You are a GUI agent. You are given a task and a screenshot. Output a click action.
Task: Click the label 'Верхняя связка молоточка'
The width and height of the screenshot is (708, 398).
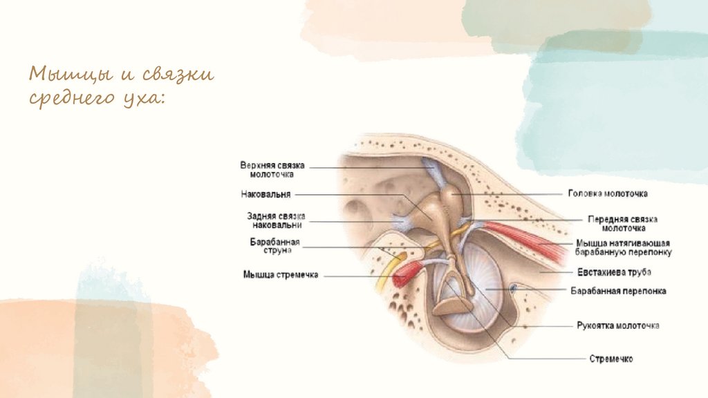(x=272, y=170)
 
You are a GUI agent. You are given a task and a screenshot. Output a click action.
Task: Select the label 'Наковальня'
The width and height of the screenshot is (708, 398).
(x=266, y=194)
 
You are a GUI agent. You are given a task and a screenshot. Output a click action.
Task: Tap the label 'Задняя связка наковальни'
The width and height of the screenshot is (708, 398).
(x=275, y=220)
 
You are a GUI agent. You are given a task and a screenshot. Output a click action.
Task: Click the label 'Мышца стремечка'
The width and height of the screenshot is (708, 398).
(x=280, y=275)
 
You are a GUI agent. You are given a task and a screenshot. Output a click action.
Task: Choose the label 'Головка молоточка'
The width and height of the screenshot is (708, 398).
(x=607, y=194)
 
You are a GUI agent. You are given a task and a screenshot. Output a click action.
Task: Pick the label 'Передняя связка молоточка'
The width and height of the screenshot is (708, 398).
(x=622, y=223)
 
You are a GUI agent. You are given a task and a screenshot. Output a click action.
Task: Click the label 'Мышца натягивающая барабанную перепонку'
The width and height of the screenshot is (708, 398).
(x=623, y=248)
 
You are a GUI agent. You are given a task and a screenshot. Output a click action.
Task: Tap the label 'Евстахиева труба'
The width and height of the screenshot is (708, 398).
(x=613, y=272)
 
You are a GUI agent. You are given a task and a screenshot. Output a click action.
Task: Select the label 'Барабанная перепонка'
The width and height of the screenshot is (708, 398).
(x=618, y=292)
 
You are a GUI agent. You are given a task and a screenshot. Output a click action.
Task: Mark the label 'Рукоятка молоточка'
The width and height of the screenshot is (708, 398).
(x=617, y=325)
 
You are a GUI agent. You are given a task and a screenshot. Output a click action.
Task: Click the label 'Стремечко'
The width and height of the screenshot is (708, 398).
(x=611, y=359)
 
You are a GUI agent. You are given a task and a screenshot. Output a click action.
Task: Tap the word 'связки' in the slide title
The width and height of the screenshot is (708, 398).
(x=178, y=74)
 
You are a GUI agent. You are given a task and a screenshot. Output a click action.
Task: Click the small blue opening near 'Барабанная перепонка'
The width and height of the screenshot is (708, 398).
(x=514, y=287)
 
